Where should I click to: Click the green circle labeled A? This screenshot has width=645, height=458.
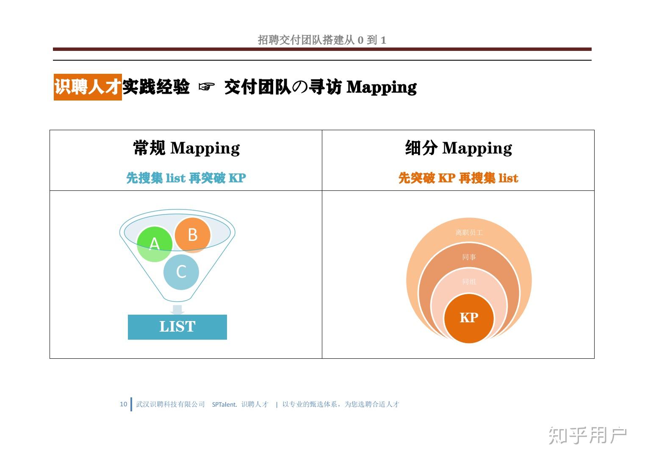pos(155,244)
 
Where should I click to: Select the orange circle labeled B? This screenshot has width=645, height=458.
pos(193,235)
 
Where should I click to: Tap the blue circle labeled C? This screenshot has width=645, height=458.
pos(181,271)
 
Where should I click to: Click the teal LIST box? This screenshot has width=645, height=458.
pos(177,327)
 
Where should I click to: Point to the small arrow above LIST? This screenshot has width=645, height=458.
pos(177,309)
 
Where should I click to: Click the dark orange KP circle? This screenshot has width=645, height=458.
pos(469,318)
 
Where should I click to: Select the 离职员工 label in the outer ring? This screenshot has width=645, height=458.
pos(469,232)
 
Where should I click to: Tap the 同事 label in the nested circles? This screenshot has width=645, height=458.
pos(469,257)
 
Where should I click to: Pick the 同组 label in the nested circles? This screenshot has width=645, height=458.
pos(469,282)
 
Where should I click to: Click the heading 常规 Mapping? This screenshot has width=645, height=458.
pos(186,148)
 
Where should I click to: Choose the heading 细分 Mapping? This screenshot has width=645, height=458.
pos(458,148)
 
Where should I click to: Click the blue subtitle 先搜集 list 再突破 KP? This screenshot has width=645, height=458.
pos(186,178)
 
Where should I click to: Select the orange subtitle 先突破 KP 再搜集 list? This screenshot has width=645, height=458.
pos(458,178)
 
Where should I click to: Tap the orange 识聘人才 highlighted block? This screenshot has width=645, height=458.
pos(88,87)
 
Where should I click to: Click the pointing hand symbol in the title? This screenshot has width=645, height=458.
pos(206,87)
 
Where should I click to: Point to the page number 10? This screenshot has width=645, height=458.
pos(123,404)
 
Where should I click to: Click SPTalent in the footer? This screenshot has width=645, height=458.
pos(224,405)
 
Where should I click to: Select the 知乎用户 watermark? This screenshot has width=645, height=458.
pos(587,436)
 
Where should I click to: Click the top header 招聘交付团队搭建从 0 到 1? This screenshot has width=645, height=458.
pos(322,40)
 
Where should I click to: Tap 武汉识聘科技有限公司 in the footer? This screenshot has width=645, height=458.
pos(170,405)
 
